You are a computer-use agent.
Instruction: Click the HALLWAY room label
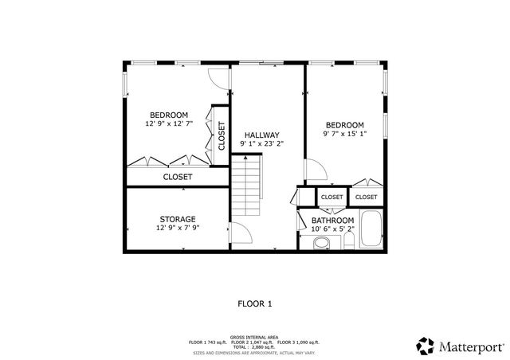261,135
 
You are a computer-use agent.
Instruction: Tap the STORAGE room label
177,219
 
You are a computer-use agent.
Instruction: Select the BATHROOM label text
332,220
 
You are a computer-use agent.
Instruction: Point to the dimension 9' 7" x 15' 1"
344,135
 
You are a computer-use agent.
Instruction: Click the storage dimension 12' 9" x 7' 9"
177,229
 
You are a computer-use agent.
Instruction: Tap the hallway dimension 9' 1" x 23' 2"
261,144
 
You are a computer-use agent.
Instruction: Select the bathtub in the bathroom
372,229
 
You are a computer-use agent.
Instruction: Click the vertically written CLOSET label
221,136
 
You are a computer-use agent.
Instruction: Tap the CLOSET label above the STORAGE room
177,177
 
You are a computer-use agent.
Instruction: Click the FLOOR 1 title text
255,303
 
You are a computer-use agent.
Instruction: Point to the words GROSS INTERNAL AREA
254,337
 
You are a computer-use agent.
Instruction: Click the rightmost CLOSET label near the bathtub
366,197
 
